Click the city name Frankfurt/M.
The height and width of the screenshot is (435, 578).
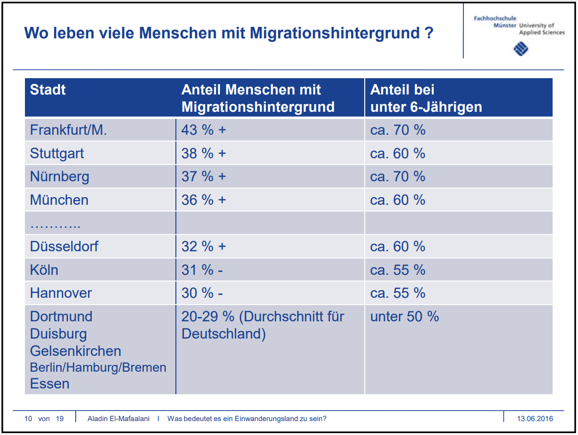coord(68,130)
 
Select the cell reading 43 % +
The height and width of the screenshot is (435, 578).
coord(203,130)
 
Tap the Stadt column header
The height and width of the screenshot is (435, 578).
coord(48,90)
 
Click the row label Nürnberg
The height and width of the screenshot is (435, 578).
coord(59,176)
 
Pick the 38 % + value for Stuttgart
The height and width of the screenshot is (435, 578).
coord(203,153)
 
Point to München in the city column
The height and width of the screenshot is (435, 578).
coord(59,200)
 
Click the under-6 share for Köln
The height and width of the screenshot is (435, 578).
coord(397,270)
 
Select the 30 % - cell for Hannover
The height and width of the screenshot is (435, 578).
coord(202,293)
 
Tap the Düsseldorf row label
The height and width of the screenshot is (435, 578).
coord(64,247)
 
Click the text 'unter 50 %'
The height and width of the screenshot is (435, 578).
coord(404,317)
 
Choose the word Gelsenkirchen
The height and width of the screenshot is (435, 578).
coord(75,351)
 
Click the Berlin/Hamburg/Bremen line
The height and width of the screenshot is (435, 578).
coord(98,368)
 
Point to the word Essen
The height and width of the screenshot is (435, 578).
coord(49,384)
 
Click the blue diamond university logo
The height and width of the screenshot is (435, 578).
coord(520,48)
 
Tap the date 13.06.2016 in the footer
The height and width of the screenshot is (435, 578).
coord(535,419)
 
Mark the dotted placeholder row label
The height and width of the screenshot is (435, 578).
coord(55,223)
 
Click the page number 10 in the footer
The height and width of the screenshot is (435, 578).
coord(28,419)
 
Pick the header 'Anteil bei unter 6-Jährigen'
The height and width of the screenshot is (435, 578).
coord(426,98)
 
